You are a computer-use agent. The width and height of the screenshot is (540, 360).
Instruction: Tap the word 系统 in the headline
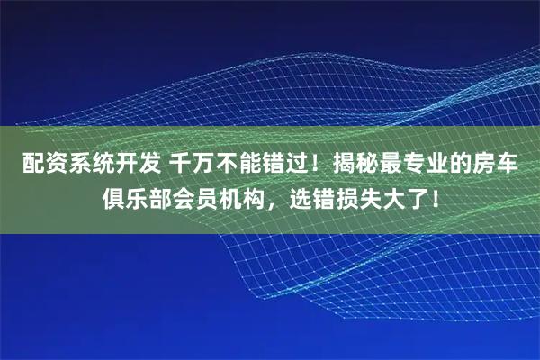point(86,165)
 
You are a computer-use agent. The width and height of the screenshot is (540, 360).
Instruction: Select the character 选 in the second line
point(299,197)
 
